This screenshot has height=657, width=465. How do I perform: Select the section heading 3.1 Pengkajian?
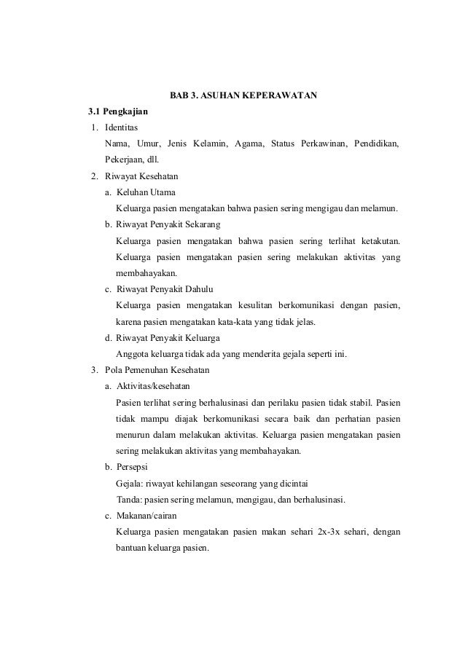click(117, 112)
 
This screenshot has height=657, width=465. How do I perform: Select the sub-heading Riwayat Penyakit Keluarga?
click(168, 338)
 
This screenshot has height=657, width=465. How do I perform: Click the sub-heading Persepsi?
click(133, 467)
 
